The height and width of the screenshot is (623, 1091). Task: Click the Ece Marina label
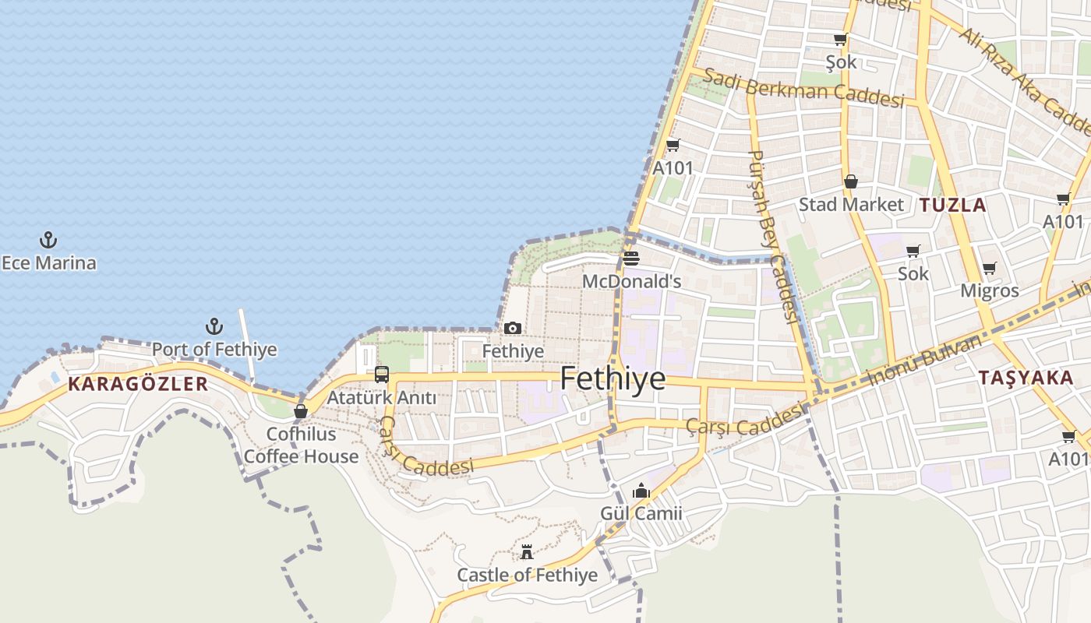click(49, 262)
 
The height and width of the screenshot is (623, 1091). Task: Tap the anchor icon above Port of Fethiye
click(214, 326)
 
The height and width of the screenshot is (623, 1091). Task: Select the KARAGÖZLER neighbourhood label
click(138, 383)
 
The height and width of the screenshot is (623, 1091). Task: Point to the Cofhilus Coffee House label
click(301, 445)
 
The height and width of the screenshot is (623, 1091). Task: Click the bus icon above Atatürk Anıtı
click(381, 375)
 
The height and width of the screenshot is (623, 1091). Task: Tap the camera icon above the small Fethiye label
click(512, 328)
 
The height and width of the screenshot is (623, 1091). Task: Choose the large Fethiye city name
click(613, 378)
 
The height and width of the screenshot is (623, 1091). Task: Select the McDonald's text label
click(631, 281)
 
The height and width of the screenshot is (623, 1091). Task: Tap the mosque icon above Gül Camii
click(641, 491)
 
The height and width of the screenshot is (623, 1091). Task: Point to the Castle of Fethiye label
click(527, 575)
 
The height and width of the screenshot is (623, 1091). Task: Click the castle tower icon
click(527, 552)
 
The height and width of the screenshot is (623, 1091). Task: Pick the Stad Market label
click(851, 204)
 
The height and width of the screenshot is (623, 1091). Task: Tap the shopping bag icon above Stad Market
click(851, 181)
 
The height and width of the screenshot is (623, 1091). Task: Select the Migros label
click(989, 290)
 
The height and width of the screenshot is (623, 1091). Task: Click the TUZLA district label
click(952, 205)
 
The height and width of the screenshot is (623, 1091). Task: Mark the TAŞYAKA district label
click(1026, 378)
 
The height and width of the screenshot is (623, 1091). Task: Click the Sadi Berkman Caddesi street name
click(803, 88)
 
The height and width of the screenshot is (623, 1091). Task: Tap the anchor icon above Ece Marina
click(49, 240)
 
